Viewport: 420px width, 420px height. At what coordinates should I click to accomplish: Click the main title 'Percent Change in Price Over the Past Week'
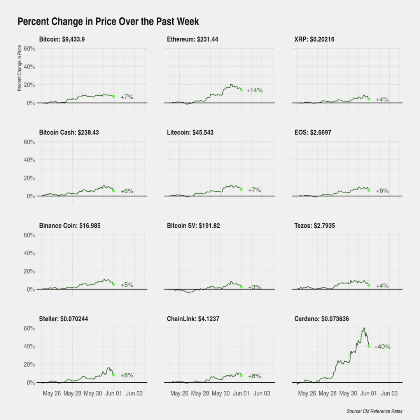[x=108, y=21]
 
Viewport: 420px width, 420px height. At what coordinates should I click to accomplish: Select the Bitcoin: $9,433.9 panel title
[x=62, y=39]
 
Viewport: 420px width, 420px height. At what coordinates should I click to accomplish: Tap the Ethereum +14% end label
[x=254, y=91]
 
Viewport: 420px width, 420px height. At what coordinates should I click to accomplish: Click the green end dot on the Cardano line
[x=369, y=346]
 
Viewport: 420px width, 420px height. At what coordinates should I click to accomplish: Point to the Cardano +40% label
[x=382, y=346]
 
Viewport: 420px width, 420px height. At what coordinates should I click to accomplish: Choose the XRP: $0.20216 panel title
[x=314, y=39]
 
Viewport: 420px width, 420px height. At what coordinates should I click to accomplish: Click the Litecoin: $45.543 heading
[x=190, y=132]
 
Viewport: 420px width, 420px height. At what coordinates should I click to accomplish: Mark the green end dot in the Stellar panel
[x=114, y=375]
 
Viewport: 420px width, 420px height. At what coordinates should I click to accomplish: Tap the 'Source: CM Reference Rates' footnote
[x=374, y=411]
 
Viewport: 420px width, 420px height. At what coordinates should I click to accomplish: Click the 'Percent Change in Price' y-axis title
[x=19, y=68]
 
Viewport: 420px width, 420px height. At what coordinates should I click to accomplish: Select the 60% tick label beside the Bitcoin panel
[x=29, y=49]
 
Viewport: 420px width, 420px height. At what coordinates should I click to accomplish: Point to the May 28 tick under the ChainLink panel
[x=200, y=393]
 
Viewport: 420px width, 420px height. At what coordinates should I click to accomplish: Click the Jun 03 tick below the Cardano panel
[x=389, y=393]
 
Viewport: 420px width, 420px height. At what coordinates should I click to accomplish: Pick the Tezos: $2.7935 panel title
[x=315, y=226]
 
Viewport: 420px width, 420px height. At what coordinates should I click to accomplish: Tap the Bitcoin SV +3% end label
[x=254, y=287]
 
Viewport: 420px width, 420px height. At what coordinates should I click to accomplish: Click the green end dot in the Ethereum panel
[x=241, y=90]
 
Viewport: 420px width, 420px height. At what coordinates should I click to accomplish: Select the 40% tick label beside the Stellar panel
[x=29, y=346]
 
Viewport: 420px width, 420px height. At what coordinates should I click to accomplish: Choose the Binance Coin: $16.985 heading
[x=70, y=226]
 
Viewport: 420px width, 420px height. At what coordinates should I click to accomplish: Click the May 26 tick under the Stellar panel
[x=52, y=393]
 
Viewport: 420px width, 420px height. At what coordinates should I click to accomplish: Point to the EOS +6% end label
[x=382, y=191]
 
